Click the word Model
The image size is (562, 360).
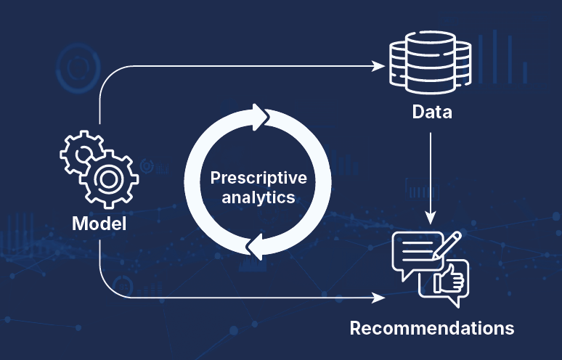coord(99,224)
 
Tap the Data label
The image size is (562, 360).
coord(431,112)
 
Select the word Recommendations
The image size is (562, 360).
coord(431,327)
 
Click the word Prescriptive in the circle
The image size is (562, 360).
coord(258,178)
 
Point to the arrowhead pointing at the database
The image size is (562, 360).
coord(378,65)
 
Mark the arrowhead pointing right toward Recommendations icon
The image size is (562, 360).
coord(378,297)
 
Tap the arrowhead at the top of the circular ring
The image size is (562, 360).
coord(259,116)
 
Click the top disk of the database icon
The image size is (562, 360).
coord(431,46)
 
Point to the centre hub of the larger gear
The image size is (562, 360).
coord(109,178)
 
